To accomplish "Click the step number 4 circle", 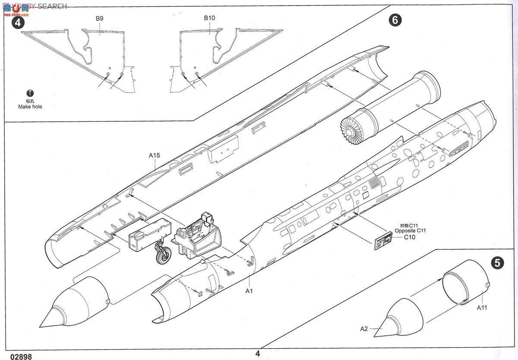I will (x=17, y=22).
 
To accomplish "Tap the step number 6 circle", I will (x=395, y=20).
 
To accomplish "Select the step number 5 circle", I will (x=498, y=262).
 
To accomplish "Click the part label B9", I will (x=99, y=19).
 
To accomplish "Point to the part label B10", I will (x=209, y=18).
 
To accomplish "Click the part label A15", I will (x=155, y=155).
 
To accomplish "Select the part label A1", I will (x=249, y=291).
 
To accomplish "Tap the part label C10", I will (x=409, y=237).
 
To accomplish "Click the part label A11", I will (x=482, y=307).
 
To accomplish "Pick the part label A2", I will (x=364, y=328).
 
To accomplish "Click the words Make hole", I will (x=30, y=107).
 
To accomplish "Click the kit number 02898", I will (x=16, y=356).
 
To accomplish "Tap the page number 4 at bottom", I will (x=258, y=354).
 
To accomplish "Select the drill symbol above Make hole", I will (x=30, y=93).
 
